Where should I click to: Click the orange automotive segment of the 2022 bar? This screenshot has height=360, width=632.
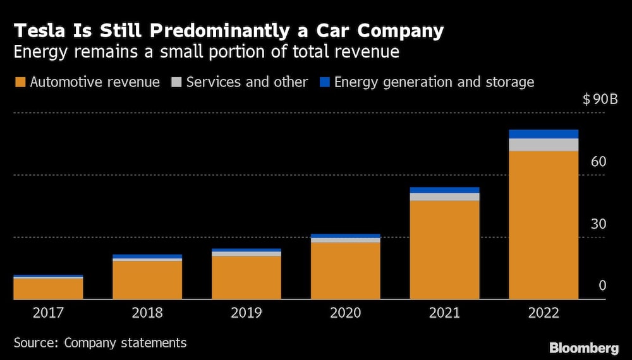pyautogui.click(x=544, y=225)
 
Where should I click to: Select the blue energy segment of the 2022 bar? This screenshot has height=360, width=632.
pyautogui.click(x=544, y=134)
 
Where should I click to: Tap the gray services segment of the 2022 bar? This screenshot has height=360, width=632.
pyautogui.click(x=544, y=145)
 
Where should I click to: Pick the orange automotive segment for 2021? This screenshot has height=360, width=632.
pyautogui.click(x=444, y=249)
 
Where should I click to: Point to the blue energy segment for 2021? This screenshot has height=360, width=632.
pyautogui.click(x=444, y=190)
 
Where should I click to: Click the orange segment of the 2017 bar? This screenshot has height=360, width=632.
pyautogui.click(x=48, y=288)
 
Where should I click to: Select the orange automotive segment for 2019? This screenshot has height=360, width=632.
pyautogui.click(x=246, y=277)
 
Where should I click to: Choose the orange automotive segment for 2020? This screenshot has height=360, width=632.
pyautogui.click(x=346, y=270)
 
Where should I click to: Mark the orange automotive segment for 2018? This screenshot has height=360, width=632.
pyautogui.click(x=147, y=280)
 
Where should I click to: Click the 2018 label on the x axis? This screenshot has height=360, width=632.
pyautogui.click(x=147, y=313)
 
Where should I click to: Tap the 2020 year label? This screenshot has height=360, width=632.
pyautogui.click(x=346, y=313)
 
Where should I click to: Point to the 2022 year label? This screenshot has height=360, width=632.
pyautogui.click(x=544, y=313)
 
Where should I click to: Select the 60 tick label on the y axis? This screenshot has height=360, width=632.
pyautogui.click(x=598, y=162)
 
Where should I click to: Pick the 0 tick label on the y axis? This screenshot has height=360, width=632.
pyautogui.click(x=602, y=286)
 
